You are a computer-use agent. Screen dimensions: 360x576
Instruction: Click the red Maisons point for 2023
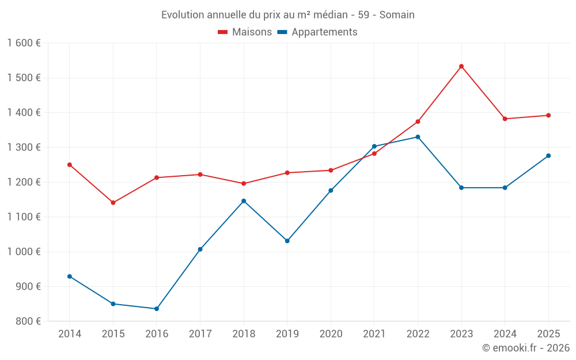click(x=461, y=66)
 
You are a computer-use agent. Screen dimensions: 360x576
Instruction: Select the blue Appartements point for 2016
click(x=157, y=309)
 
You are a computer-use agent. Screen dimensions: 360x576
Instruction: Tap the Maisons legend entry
click(x=245, y=32)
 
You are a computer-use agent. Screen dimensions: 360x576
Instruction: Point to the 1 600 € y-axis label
click(x=24, y=43)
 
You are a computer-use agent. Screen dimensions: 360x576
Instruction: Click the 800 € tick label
click(x=27, y=321)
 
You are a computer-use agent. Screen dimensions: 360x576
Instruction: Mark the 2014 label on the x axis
click(x=70, y=334)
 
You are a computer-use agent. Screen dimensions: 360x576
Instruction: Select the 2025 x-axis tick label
click(x=548, y=334)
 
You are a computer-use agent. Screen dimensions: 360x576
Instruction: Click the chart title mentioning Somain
click(x=288, y=15)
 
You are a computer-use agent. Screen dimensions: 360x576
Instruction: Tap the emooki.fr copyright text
click(x=526, y=348)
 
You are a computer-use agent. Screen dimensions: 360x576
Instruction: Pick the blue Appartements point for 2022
click(x=418, y=137)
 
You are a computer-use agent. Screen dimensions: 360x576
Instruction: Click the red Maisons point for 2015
click(x=113, y=203)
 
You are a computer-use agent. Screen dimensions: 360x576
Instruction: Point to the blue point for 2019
click(x=287, y=241)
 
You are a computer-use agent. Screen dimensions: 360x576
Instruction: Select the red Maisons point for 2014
click(x=70, y=165)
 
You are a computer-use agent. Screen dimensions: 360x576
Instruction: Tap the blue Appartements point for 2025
click(x=548, y=156)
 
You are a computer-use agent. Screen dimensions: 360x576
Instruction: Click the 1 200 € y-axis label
click(x=24, y=182)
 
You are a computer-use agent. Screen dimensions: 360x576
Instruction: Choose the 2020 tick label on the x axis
click(x=331, y=334)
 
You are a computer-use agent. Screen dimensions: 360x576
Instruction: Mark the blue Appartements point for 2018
click(x=244, y=201)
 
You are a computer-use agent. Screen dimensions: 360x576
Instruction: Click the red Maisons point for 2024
click(x=505, y=119)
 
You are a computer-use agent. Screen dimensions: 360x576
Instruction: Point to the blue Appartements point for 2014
click(x=70, y=276)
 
